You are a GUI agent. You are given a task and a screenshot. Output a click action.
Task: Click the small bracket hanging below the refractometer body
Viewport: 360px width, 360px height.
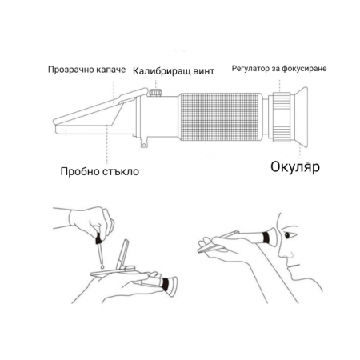click(x=144, y=146)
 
